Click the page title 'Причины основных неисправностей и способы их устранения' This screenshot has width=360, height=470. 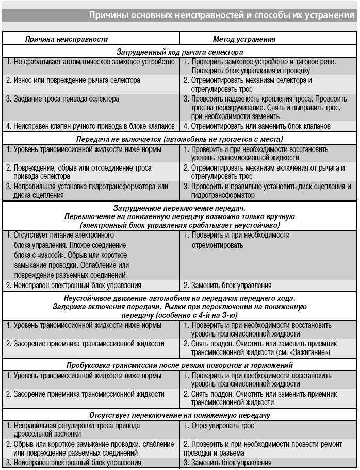click(x=221, y=15)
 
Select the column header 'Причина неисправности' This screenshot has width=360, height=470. click(x=67, y=39)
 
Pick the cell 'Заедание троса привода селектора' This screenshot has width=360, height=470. click(x=62, y=98)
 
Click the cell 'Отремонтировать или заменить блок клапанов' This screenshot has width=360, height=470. click(x=257, y=126)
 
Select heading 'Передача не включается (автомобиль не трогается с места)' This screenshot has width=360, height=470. click(x=179, y=139)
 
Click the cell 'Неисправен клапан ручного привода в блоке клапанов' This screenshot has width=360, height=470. click(x=91, y=126)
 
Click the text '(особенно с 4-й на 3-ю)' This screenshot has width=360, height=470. click(x=179, y=314)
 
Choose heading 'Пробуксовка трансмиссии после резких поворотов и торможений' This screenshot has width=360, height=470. click(x=179, y=365)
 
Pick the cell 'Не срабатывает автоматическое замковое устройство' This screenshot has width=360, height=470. click(x=91, y=62)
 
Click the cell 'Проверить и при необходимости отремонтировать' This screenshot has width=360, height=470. click(x=237, y=240)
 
